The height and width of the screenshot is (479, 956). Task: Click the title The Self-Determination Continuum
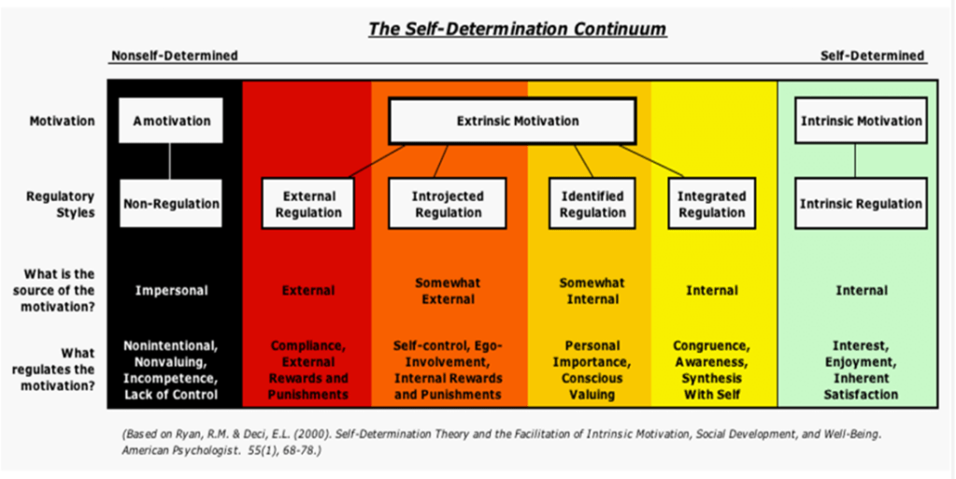click(x=517, y=28)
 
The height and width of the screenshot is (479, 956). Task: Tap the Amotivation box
click(x=171, y=121)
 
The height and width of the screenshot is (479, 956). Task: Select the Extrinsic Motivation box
click(x=517, y=121)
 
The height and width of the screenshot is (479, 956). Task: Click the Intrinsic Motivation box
click(x=861, y=121)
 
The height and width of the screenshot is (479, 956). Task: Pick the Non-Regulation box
click(x=171, y=203)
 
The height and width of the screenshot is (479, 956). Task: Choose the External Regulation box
click(x=308, y=204)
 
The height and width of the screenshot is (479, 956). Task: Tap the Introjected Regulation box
click(x=448, y=204)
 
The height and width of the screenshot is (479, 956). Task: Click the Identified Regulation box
click(x=592, y=204)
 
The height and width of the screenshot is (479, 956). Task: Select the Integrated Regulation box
click(x=711, y=204)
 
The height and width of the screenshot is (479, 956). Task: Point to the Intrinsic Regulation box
click(x=861, y=203)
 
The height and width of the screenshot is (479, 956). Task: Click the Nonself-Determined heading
click(x=174, y=55)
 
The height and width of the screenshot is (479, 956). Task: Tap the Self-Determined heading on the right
click(x=872, y=55)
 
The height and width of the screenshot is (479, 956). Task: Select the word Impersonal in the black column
click(x=171, y=290)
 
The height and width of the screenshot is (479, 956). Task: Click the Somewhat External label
click(x=448, y=290)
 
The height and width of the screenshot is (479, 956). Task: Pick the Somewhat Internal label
click(x=592, y=290)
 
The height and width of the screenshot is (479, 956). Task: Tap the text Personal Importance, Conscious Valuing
click(x=592, y=370)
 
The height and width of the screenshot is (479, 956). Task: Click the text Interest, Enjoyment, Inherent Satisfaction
click(x=861, y=370)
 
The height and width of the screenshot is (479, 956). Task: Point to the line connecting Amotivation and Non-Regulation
click(x=171, y=160)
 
